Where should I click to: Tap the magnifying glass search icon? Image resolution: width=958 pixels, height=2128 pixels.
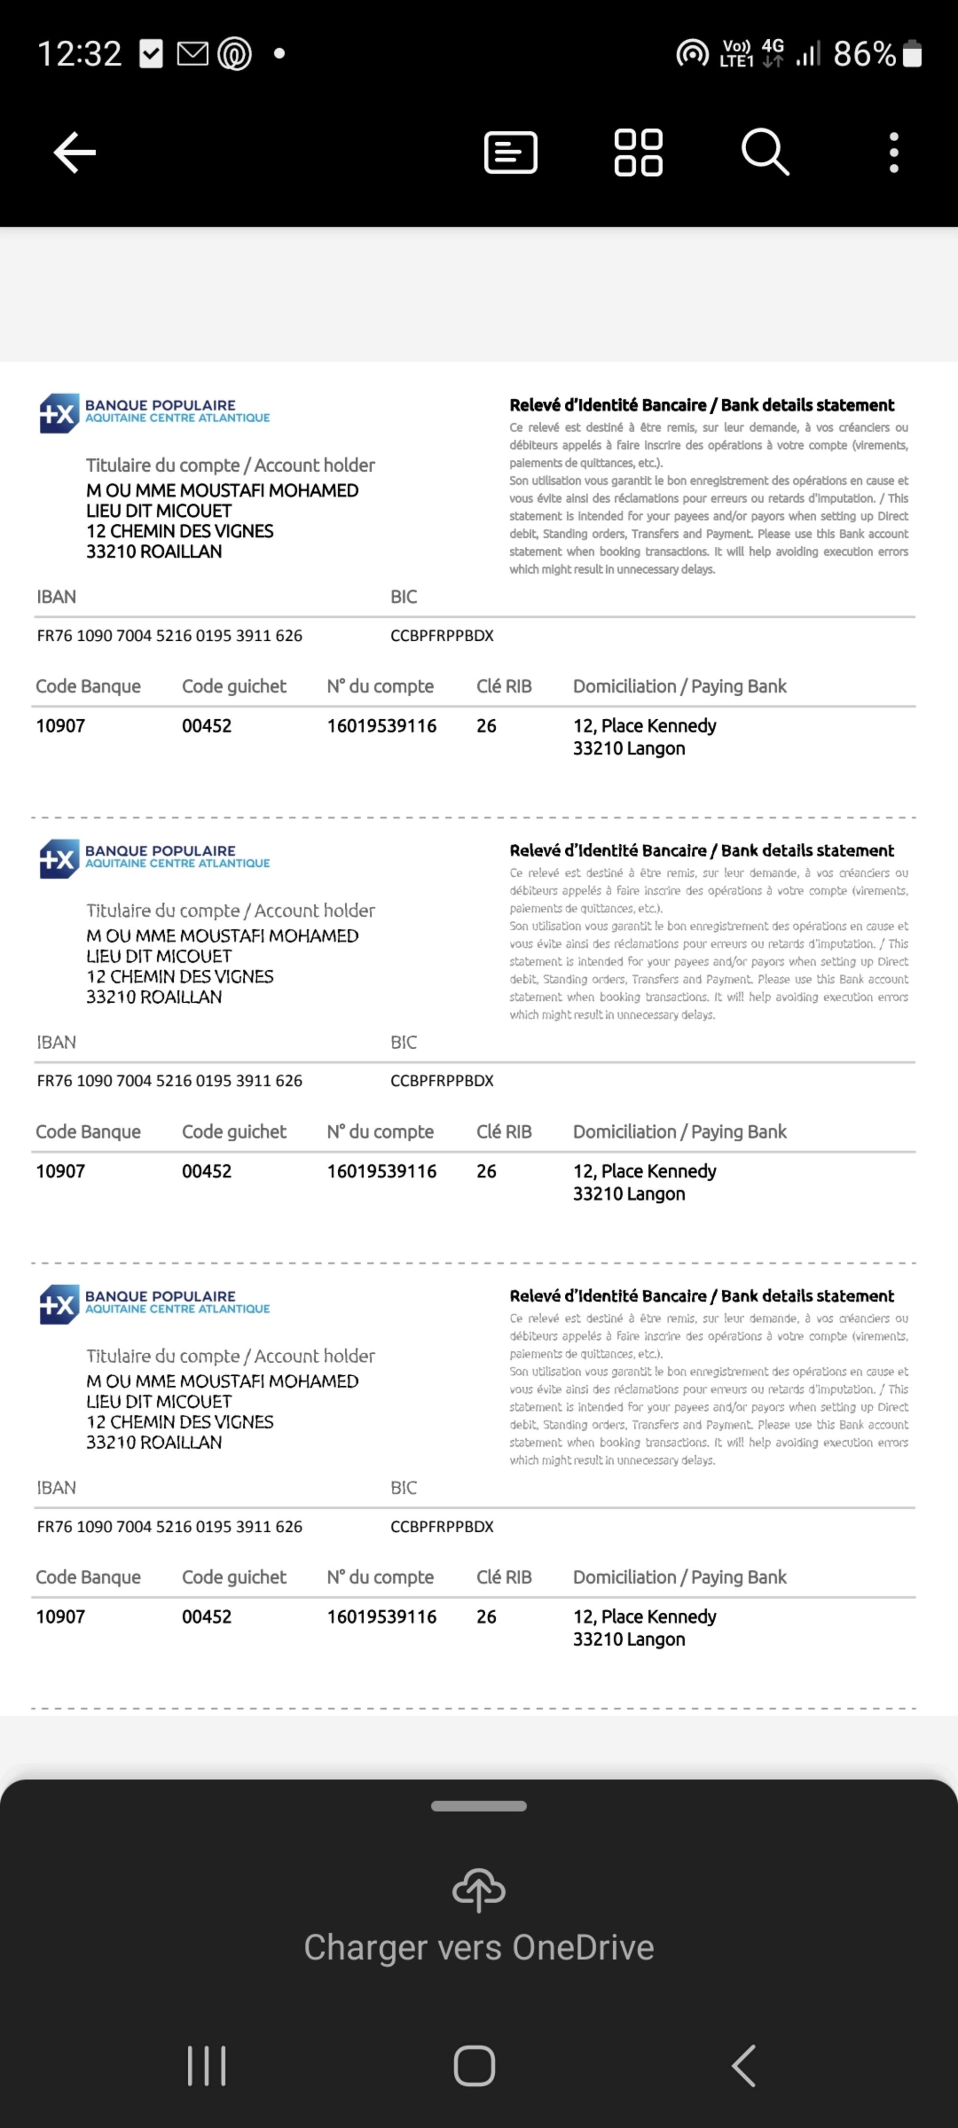764,152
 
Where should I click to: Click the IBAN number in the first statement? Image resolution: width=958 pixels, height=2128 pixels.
170,635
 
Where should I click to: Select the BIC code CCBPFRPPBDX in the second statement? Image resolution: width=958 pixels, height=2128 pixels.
441,1081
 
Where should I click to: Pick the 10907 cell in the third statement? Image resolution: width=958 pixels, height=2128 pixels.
60,1617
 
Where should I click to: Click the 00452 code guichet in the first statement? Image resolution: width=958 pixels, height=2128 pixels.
206,726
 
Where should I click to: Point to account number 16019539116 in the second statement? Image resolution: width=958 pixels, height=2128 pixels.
381,1171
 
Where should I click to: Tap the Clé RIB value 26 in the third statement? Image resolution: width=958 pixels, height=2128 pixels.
486,1617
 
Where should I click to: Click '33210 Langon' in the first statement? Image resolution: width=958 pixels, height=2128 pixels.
629,748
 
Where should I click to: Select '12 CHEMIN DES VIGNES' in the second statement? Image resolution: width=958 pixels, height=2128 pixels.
179,976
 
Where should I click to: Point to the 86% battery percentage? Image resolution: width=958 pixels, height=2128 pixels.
864,55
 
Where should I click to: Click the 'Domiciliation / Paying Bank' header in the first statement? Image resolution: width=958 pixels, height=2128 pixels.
679,687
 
